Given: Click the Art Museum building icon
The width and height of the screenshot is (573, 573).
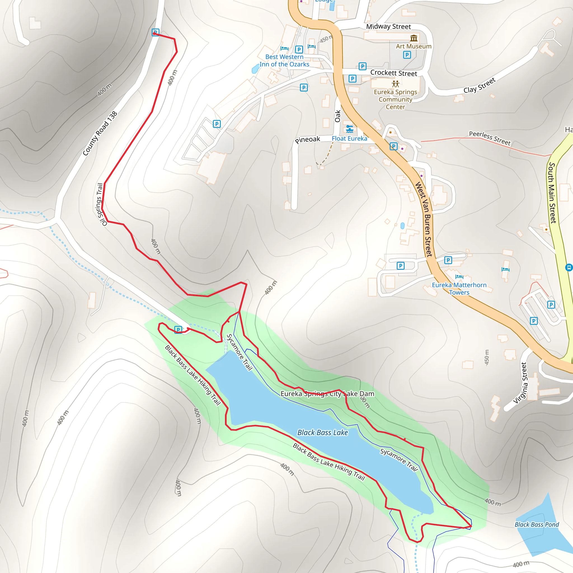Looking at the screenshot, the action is pyautogui.click(x=414, y=38).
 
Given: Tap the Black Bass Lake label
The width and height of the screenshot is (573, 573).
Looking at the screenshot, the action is pyautogui.click(x=323, y=433).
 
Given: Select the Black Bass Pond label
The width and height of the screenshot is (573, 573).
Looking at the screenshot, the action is pyautogui.click(x=537, y=524).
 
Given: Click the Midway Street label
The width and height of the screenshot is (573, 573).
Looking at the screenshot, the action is pyautogui.click(x=388, y=27).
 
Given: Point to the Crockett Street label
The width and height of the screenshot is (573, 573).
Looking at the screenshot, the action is pyautogui.click(x=394, y=73).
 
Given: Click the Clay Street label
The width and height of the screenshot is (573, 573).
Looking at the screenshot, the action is pyautogui.click(x=479, y=85).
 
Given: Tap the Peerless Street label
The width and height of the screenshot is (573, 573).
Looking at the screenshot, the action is pyautogui.click(x=490, y=138).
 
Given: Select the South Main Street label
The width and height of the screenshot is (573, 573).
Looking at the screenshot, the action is pyautogui.click(x=552, y=193).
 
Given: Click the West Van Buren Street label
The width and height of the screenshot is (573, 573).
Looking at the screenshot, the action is pyautogui.click(x=424, y=219).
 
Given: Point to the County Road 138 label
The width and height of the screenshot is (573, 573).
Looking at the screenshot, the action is pyautogui.click(x=100, y=133).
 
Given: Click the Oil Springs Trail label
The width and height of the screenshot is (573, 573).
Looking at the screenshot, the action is pyautogui.click(x=100, y=204).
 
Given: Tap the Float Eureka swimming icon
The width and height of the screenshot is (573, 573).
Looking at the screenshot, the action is pyautogui.click(x=350, y=129).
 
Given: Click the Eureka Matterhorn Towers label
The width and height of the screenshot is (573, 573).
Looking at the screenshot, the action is pyautogui.click(x=459, y=288).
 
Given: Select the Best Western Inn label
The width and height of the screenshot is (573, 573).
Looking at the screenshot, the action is pyautogui.click(x=284, y=60).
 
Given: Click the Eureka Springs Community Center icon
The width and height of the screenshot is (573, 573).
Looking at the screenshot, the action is pyautogui.click(x=395, y=84).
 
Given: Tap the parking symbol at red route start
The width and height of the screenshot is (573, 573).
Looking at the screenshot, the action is pyautogui.click(x=155, y=32).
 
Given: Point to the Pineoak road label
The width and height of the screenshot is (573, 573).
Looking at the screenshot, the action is pyautogui.click(x=307, y=139).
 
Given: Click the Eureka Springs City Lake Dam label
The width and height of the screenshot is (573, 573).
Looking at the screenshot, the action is pyautogui.click(x=327, y=394).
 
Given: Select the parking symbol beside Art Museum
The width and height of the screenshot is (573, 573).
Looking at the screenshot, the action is pyautogui.click(x=407, y=55).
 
